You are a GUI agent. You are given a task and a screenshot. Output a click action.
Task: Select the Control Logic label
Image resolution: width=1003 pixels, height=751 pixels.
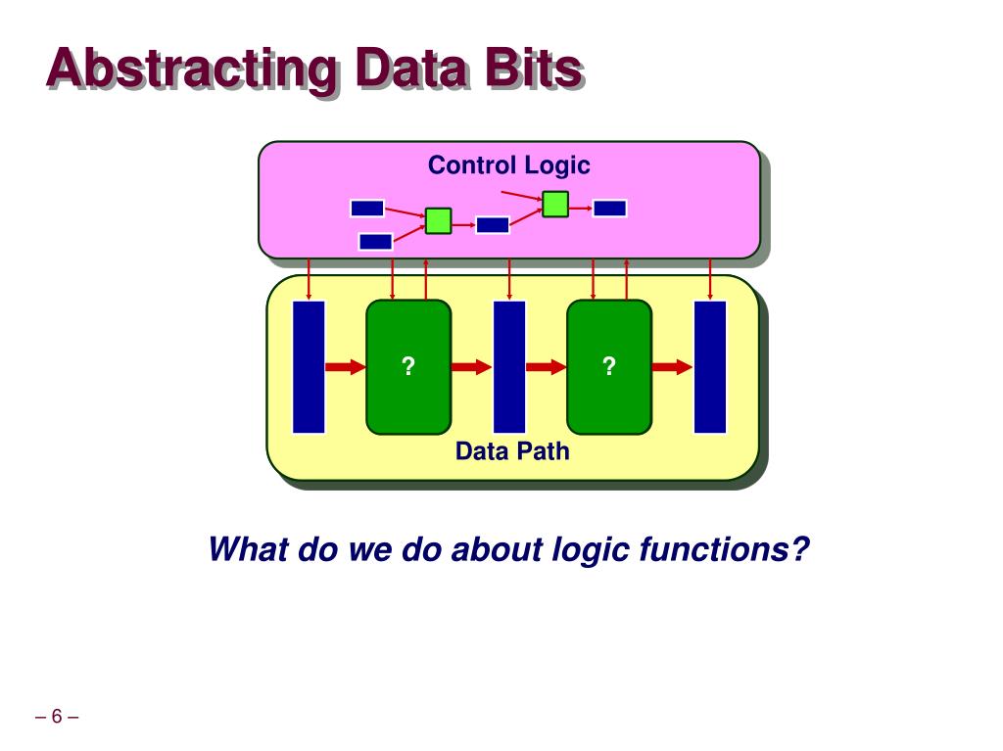(x=508, y=164)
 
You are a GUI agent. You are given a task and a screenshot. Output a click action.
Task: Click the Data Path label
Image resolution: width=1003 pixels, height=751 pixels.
(x=511, y=451)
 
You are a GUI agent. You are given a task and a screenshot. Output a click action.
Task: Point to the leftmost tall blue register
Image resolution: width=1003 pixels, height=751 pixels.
(x=309, y=366)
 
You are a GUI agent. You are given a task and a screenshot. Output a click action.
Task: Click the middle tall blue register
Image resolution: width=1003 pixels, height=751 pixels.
(x=509, y=366)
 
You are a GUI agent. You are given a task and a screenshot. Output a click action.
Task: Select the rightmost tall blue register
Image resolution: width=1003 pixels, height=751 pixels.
(x=710, y=366)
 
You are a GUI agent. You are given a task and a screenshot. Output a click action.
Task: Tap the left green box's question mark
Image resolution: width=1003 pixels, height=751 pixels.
(x=408, y=366)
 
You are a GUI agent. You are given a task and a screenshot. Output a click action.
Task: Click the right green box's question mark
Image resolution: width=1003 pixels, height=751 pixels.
(x=609, y=366)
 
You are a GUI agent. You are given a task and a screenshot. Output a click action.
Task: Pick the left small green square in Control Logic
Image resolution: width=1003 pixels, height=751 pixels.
(x=438, y=221)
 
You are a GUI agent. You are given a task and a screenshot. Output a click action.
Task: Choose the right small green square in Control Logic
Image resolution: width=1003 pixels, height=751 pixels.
(x=555, y=204)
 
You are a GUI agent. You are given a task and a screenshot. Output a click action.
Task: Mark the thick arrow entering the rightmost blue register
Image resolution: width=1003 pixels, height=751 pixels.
(x=672, y=367)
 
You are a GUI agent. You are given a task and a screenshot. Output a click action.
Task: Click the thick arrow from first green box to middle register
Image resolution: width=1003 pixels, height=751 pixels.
(x=471, y=367)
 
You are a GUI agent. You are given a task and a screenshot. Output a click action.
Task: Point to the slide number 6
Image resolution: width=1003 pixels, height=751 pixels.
(x=57, y=717)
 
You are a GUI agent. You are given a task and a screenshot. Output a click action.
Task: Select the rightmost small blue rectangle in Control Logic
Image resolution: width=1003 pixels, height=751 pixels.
(x=609, y=208)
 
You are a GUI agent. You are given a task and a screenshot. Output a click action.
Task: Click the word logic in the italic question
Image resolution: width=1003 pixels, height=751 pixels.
(x=590, y=549)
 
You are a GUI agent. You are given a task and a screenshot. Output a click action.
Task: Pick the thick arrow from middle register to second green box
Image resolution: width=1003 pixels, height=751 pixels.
(x=546, y=367)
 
